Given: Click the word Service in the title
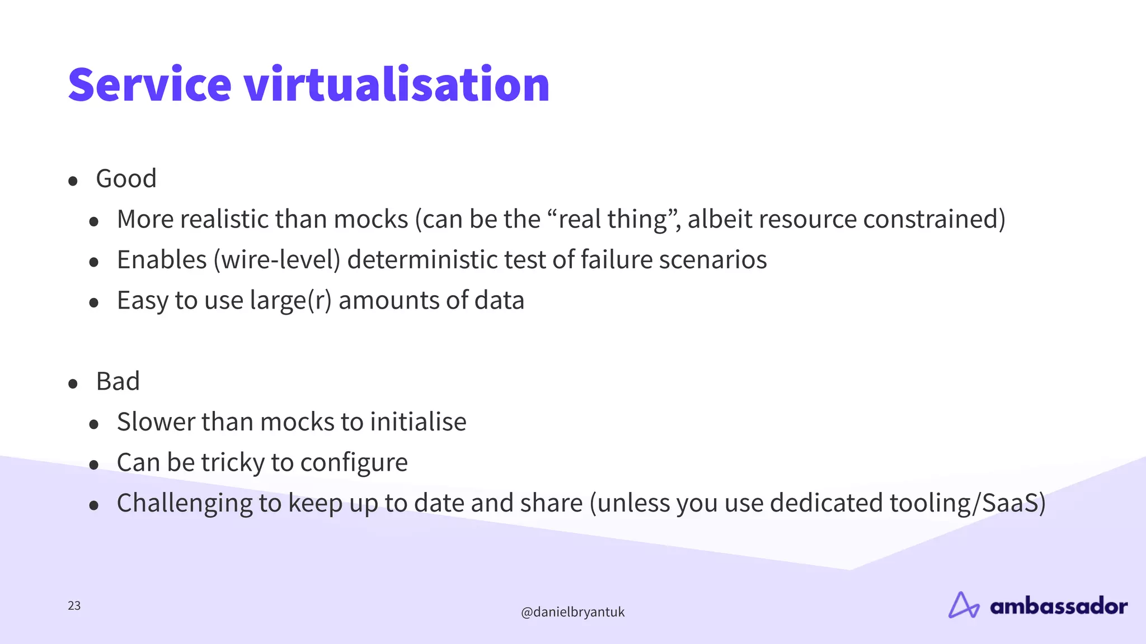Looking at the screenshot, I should point(149,85).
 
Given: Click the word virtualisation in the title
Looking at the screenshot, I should point(397,85).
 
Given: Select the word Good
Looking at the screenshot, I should point(126,179).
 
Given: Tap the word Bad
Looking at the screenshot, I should point(118,382).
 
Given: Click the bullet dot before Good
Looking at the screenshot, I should point(73,181).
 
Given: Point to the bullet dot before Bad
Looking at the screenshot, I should point(73,383).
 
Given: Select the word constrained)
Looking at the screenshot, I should point(934,219).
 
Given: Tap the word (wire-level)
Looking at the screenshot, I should point(276,260).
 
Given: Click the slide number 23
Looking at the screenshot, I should point(74,606).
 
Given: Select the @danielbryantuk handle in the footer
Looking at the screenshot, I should point(572,612).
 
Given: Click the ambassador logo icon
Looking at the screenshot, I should point(963,605).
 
